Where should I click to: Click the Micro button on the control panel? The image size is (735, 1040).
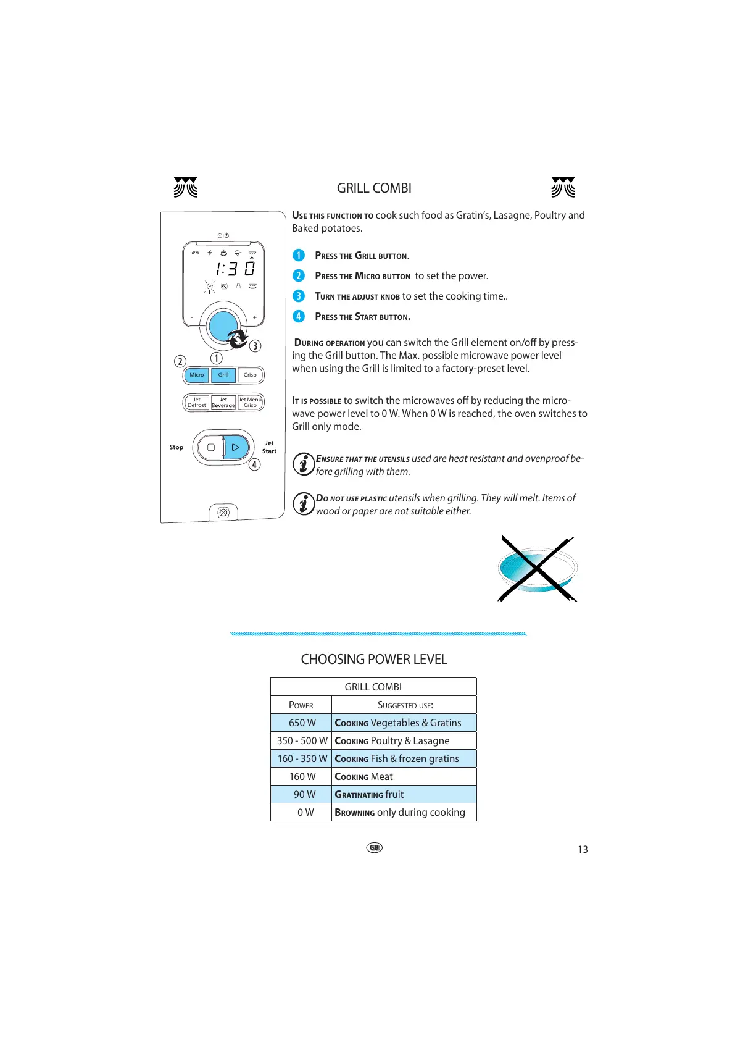pyautogui.click(x=196, y=375)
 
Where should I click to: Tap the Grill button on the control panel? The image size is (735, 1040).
pyautogui.click(x=223, y=375)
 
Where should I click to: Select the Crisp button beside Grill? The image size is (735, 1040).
pyautogui.click(x=250, y=375)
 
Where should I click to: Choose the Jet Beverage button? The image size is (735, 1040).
pyautogui.click(x=223, y=403)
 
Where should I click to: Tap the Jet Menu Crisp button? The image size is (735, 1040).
pyautogui.click(x=250, y=403)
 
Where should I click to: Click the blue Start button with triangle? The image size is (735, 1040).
pyautogui.click(x=236, y=447)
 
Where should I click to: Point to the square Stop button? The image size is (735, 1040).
pyautogui.click(x=211, y=447)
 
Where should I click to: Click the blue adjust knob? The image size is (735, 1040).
pyautogui.click(x=223, y=325)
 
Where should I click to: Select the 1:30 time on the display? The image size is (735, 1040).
pyautogui.click(x=235, y=269)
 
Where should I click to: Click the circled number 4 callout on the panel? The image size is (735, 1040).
pyautogui.click(x=254, y=464)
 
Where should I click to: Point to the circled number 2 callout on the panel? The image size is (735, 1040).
pyautogui.click(x=180, y=361)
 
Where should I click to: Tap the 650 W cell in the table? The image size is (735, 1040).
pyautogui.click(x=302, y=723)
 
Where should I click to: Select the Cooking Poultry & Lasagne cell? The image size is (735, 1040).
pyautogui.click(x=404, y=740)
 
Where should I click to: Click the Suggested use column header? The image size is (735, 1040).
pyautogui.click(x=405, y=705)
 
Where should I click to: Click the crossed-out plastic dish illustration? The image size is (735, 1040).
pyautogui.click(x=537, y=569)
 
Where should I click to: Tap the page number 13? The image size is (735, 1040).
pyautogui.click(x=583, y=849)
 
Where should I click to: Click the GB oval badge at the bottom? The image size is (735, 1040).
pyautogui.click(x=374, y=847)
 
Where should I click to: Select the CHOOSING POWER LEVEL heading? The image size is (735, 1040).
pyautogui.click(x=374, y=659)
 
